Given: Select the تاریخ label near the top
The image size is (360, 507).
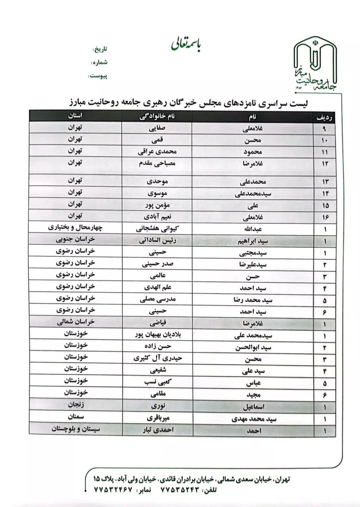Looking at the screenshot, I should coord(100,50).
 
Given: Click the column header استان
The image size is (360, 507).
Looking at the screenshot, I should coord(75,116).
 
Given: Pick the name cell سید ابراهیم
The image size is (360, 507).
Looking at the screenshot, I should coord(254,241).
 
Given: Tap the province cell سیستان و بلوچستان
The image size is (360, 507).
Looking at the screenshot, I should coord(75,429).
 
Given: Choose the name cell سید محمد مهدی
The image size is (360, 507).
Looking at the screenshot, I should coord(254,418).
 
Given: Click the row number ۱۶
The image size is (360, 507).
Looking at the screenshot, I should coord(325,217).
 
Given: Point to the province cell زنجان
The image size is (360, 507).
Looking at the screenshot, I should coord(75,405).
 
